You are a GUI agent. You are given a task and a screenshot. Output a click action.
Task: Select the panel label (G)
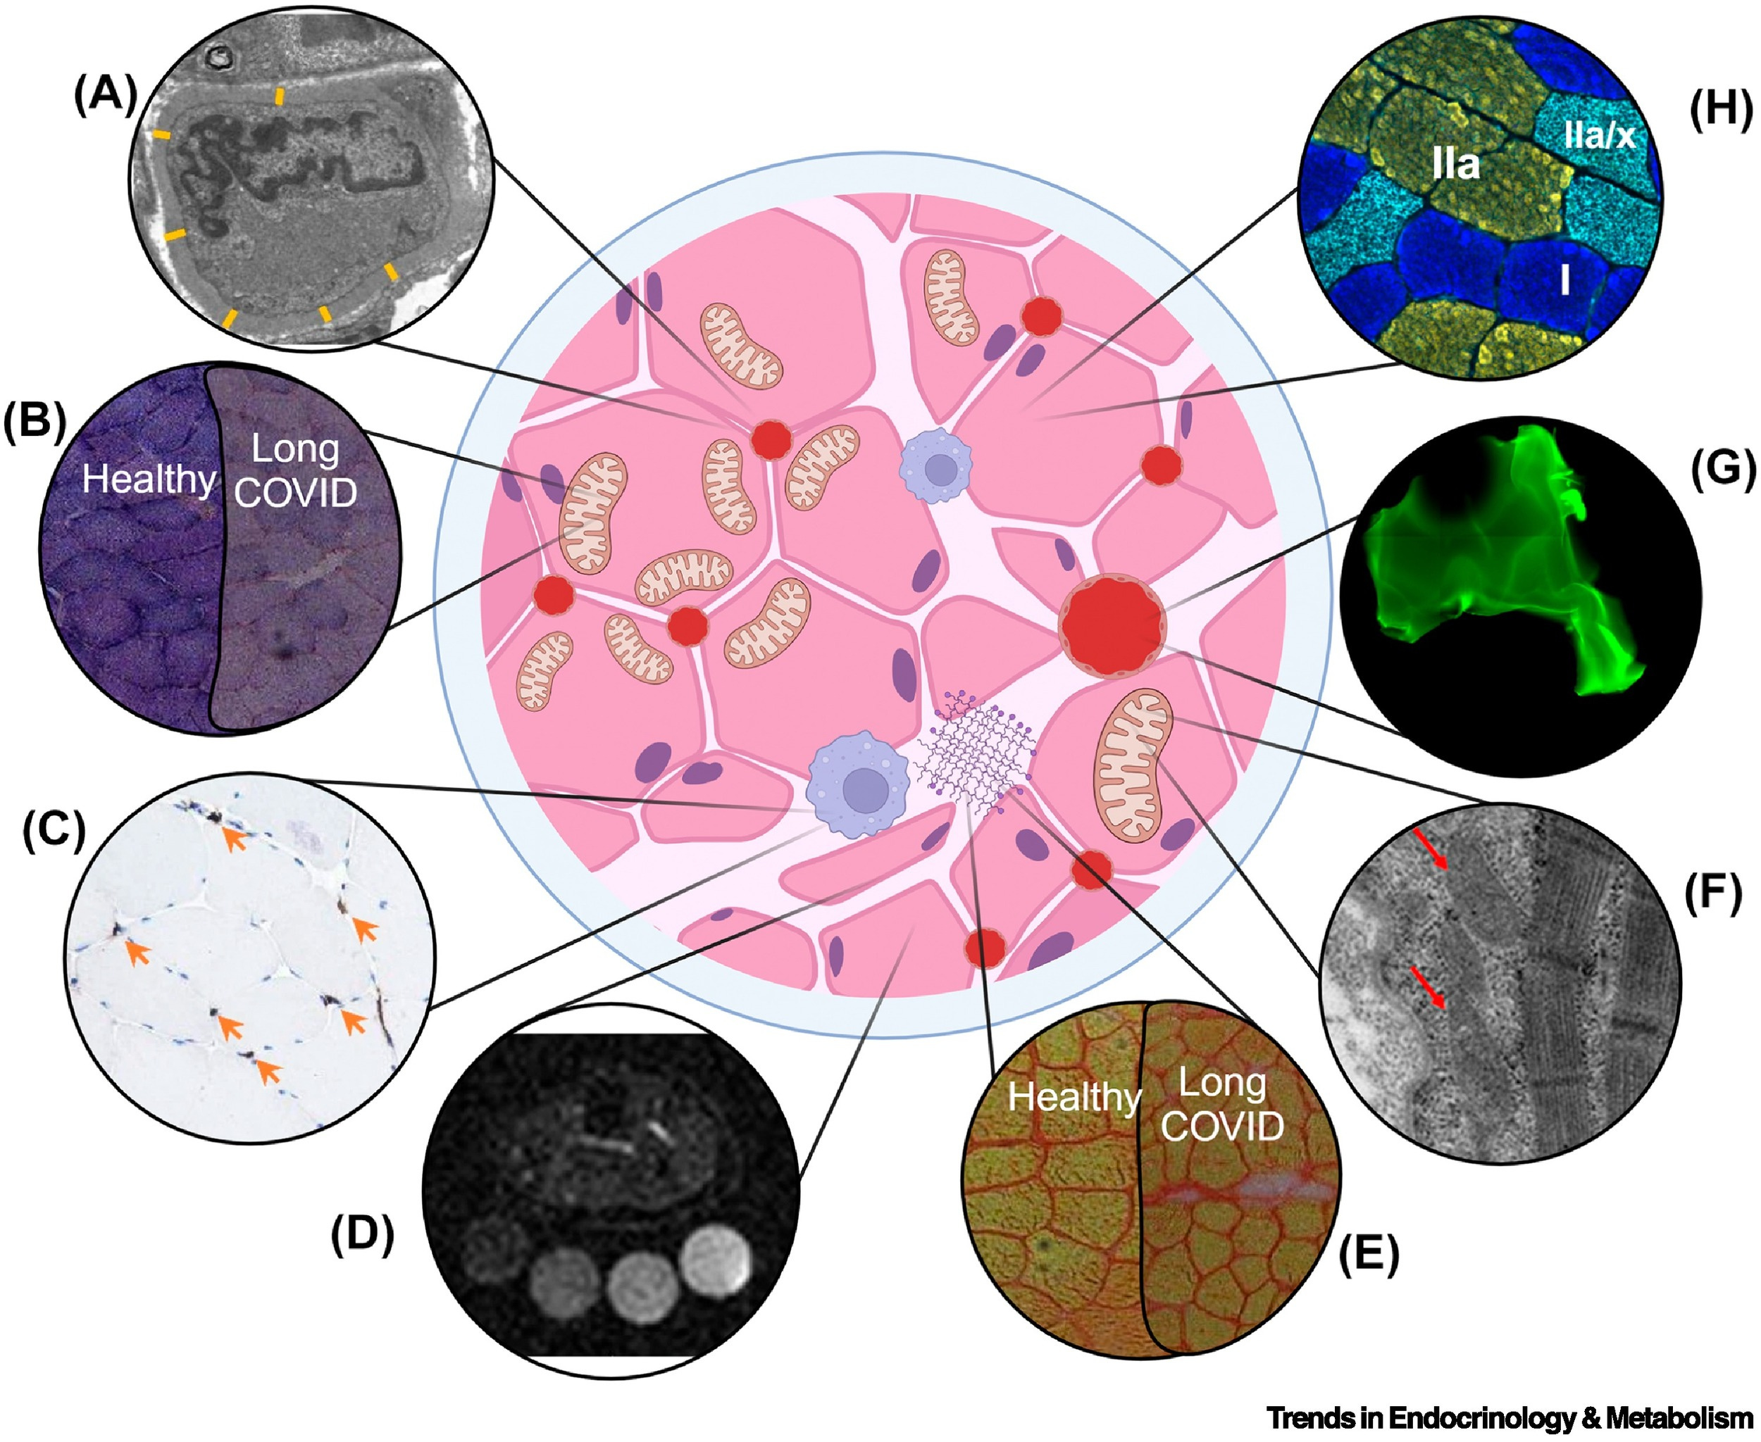pos(1723,470)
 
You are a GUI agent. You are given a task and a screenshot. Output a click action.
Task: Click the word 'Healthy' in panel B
pos(149,479)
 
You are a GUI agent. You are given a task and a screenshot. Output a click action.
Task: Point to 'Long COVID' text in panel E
pos(1221,1105)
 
